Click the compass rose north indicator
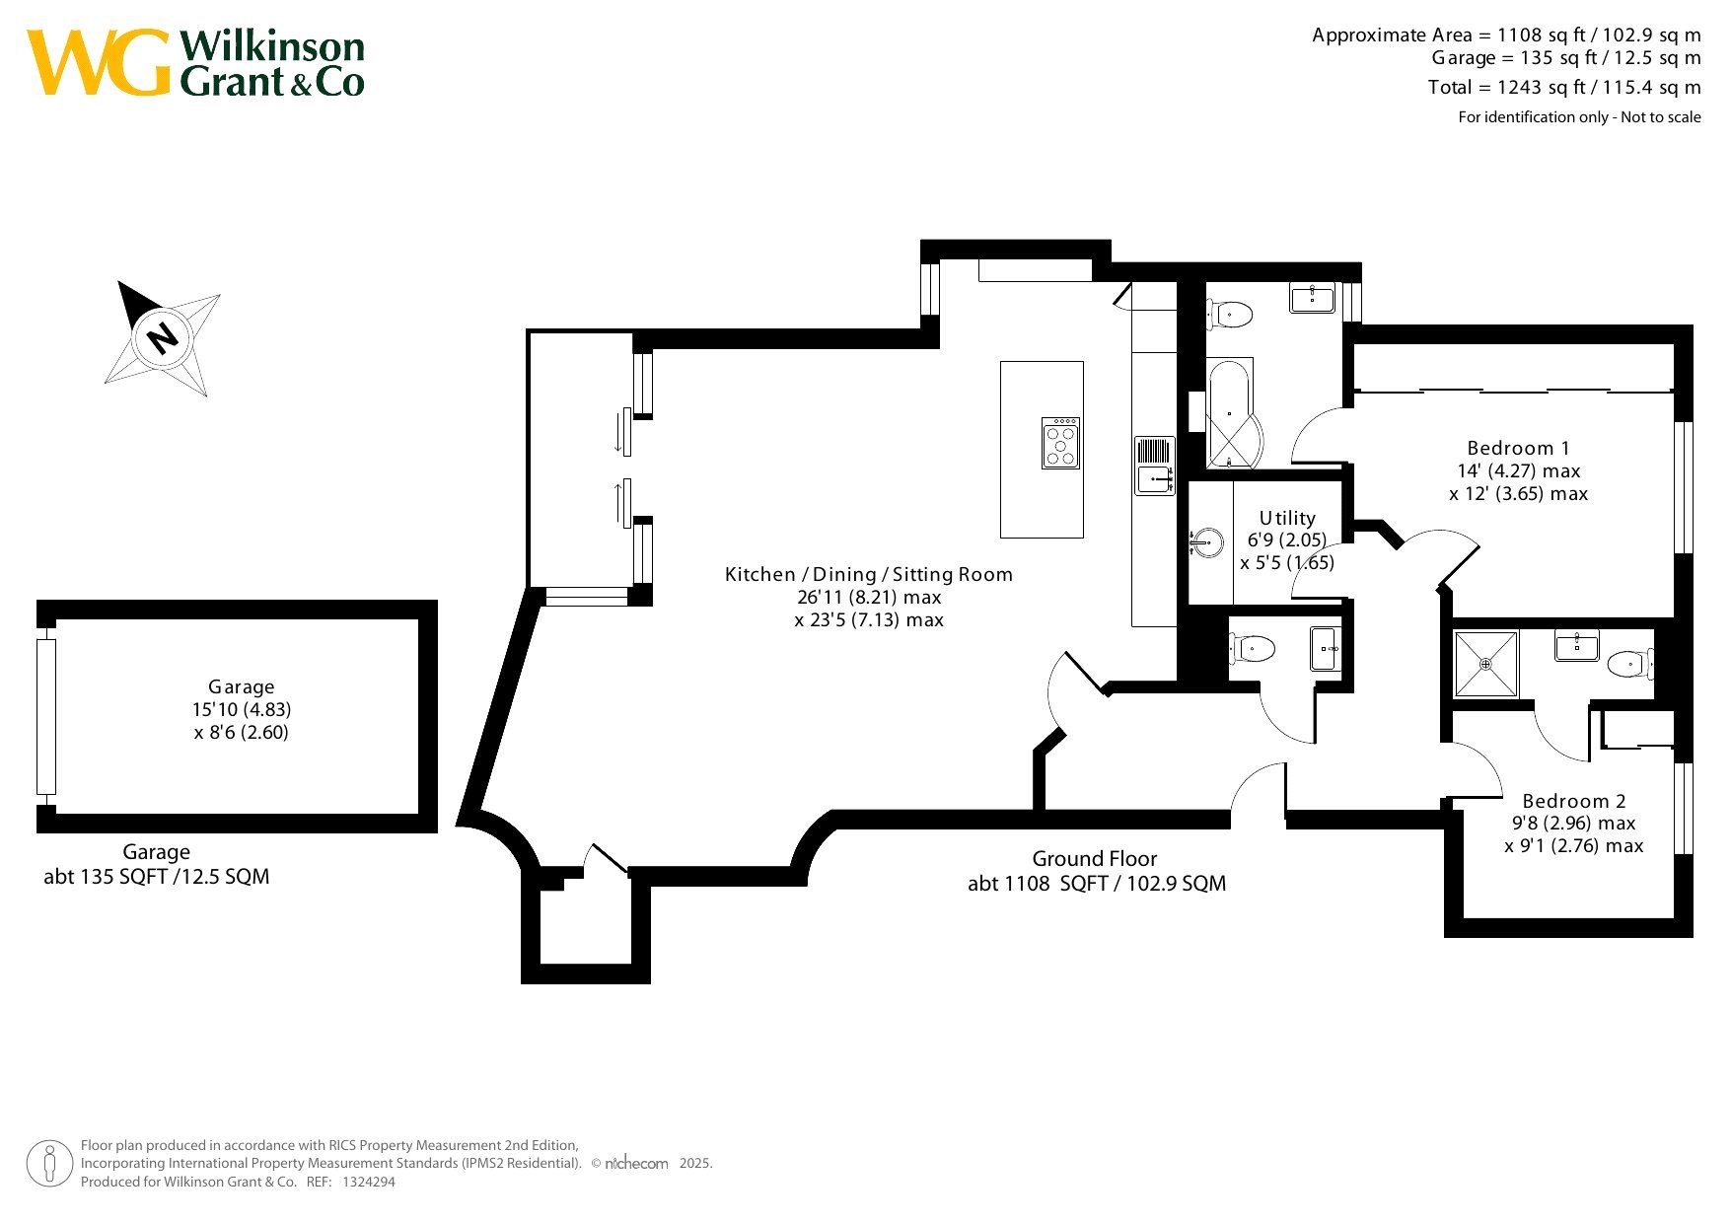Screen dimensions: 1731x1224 [163, 338]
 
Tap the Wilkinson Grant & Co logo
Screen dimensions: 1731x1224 [195, 63]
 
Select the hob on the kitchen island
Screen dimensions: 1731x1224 [1060, 443]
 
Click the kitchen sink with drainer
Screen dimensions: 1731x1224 [1154, 465]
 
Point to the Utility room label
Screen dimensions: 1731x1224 [1287, 518]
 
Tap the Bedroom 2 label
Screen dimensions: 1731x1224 [1573, 801]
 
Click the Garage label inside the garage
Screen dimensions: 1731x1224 [241, 686]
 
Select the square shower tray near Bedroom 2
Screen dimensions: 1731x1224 [1485, 664]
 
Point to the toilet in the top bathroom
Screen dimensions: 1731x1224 [1229, 315]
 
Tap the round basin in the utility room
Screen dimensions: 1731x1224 [1207, 542]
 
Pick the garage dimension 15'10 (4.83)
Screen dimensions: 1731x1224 [242, 709]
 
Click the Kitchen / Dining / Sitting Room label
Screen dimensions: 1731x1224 [869, 574]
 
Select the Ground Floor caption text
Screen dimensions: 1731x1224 [1095, 858]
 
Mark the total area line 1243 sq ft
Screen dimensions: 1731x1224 [1564, 87]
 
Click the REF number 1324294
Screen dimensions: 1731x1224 [368, 1182]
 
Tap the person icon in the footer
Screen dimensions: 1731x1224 [49, 1164]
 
